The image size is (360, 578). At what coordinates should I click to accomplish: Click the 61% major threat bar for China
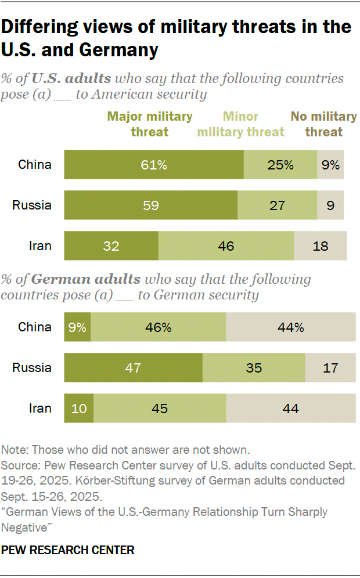153,165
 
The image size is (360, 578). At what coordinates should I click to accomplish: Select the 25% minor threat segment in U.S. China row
280,165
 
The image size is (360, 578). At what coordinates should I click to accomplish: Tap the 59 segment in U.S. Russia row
150,205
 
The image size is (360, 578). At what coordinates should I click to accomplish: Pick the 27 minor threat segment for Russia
277,205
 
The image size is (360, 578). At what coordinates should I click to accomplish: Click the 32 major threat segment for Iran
111,246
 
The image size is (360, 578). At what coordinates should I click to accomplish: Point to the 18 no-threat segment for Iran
320,246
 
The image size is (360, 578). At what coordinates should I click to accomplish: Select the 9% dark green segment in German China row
77,327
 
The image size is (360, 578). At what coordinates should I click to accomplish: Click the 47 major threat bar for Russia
133,368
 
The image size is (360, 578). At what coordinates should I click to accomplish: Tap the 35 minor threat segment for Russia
254,368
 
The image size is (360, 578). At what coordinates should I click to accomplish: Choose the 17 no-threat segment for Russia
330,368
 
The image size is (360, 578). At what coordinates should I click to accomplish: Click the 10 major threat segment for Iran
78,409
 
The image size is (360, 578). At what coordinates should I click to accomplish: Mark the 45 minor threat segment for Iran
160,409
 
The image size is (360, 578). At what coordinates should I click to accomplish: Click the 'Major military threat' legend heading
149,124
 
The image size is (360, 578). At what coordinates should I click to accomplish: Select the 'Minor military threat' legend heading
240,124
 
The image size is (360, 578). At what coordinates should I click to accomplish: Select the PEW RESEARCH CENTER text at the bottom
68,550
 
